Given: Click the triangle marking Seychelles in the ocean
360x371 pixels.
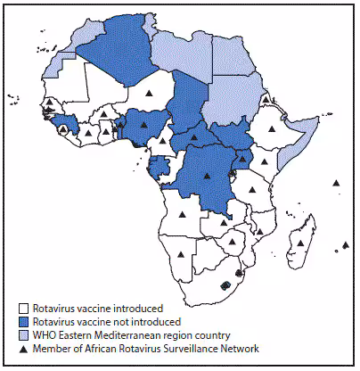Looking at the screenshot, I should (336, 183).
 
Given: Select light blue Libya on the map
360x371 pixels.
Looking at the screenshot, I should (183, 54).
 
